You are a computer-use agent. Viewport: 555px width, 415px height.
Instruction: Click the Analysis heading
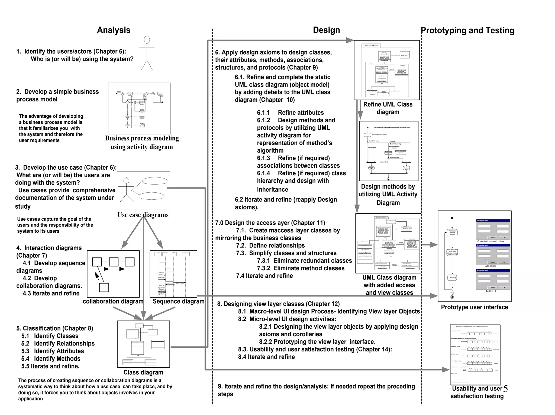(114, 30)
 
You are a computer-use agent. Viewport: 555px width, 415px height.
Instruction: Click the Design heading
(326, 30)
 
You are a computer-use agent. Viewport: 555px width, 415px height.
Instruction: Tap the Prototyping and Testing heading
(467, 31)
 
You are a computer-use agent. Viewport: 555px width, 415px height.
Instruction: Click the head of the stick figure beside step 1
(147, 40)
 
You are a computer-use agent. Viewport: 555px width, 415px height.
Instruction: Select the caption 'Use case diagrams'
(143, 215)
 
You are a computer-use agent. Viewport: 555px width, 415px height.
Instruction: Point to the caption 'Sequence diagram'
(178, 301)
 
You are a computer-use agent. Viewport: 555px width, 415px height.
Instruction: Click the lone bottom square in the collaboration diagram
(104, 287)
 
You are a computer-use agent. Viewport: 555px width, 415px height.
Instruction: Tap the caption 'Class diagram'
(143, 373)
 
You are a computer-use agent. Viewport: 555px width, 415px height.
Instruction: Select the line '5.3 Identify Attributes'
(53, 351)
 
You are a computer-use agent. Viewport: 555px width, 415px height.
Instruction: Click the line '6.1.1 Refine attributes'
(290, 113)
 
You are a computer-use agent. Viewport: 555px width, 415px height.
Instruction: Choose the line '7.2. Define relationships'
(270, 246)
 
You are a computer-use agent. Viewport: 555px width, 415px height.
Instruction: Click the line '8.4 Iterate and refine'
(266, 357)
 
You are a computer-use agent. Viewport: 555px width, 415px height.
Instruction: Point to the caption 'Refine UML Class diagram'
(388, 108)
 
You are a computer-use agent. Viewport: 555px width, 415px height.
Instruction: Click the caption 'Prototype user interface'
(474, 307)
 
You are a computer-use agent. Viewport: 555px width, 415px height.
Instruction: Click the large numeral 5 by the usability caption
(505, 389)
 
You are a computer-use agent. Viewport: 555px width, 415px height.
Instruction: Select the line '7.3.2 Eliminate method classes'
(301, 268)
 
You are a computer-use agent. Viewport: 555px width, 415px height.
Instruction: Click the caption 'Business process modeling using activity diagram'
(142, 143)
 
